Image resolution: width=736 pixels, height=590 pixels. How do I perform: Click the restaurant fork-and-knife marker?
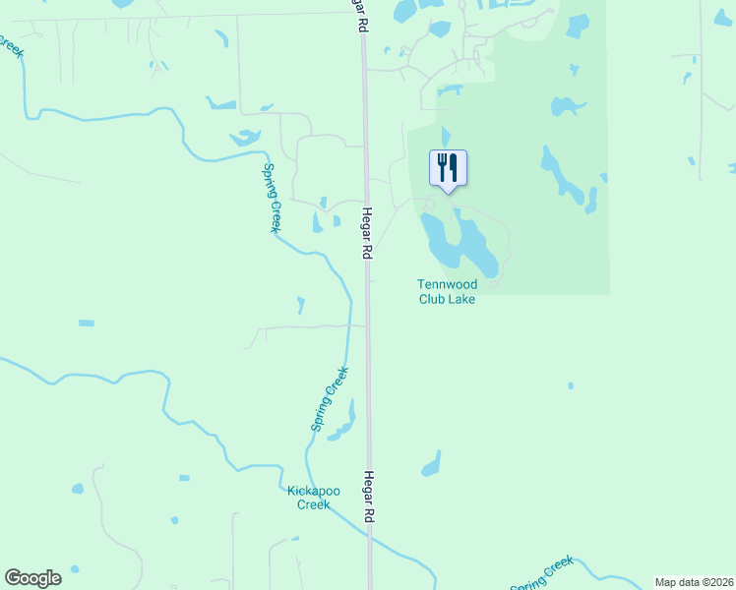click(x=448, y=167)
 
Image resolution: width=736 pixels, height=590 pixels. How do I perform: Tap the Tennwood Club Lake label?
click(x=447, y=292)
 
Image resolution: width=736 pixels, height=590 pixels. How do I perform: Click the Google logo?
click(x=32, y=578)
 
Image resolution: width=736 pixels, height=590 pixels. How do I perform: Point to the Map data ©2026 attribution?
click(x=694, y=582)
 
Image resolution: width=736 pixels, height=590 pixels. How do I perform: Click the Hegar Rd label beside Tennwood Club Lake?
click(x=366, y=234)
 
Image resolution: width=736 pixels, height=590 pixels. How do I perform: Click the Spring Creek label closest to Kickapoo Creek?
click(x=330, y=398)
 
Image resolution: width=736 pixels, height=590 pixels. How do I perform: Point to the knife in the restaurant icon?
click(x=454, y=166)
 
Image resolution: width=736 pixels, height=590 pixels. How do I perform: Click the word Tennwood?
click(x=447, y=285)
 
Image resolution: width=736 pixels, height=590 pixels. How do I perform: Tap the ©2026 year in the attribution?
click(x=715, y=582)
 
